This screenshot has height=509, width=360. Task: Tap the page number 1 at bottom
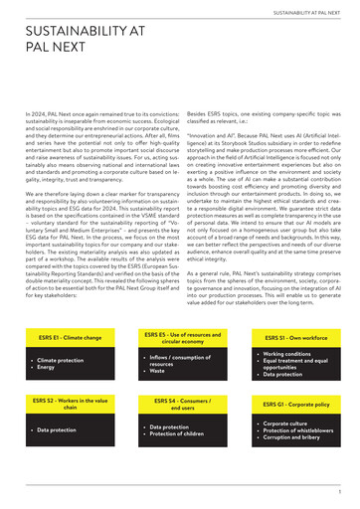pyautogui.click(x=339, y=490)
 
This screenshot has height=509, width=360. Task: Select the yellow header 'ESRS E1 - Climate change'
pyautogui.click(x=70, y=338)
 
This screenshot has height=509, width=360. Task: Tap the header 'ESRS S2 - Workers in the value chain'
pyautogui.click(x=70, y=405)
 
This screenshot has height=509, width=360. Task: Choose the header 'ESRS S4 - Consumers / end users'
pyautogui.click(x=181, y=405)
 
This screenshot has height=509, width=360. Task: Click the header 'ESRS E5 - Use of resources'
pyautogui.click(x=181, y=338)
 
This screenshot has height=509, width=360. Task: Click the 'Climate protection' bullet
pyautogui.click(x=62, y=360)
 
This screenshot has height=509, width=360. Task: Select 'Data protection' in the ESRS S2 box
pyautogui.click(x=58, y=430)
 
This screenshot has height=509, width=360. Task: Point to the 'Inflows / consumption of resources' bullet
pyautogui.click(x=179, y=360)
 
